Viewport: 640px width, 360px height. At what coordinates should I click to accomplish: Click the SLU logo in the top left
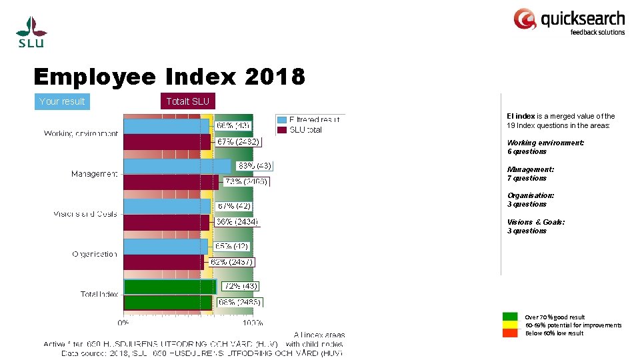coord(31,31)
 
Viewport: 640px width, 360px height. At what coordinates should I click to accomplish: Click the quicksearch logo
coord(569,21)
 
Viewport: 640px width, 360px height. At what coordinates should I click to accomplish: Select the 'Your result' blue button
coord(62,101)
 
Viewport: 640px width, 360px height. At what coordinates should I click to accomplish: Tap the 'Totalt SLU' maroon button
coord(187,101)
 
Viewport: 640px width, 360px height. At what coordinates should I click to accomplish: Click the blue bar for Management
coord(177,166)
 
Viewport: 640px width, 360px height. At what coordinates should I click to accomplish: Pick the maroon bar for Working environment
coord(167,141)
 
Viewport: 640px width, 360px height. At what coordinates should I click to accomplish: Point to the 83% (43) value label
coord(254,166)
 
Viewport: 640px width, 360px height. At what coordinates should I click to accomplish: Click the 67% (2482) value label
coord(239,141)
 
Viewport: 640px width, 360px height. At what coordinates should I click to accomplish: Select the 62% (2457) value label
coord(231,262)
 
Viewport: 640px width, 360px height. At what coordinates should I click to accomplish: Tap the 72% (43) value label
coord(241,286)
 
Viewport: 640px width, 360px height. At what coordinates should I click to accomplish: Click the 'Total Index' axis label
coord(99,294)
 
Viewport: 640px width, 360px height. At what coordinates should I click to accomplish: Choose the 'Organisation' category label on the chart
coord(95,254)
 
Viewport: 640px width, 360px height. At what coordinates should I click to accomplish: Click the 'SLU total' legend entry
coord(305,129)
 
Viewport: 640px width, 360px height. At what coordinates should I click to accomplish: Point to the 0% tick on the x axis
coord(123,323)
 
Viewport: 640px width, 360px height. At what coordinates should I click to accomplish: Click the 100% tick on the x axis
coord(253,323)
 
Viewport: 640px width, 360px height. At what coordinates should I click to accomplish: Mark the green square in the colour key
coord(510,317)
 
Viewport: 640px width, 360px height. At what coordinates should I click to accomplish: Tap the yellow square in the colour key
coord(510,325)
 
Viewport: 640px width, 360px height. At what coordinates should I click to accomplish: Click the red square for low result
coord(510,333)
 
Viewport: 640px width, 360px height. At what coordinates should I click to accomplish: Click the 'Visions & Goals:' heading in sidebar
coord(536,222)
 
